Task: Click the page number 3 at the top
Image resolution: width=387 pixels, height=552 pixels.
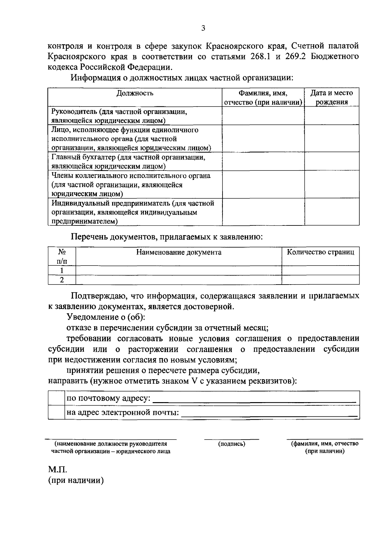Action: [203, 28]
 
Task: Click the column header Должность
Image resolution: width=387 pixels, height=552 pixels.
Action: [135, 93]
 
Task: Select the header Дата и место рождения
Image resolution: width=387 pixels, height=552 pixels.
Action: [332, 98]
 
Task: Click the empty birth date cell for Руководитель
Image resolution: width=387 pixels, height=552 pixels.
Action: [332, 116]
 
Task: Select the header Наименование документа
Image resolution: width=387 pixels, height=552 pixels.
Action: [179, 252]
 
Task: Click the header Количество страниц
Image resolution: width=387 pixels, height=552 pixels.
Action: [321, 252]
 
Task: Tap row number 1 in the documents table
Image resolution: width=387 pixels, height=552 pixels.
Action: [62, 271]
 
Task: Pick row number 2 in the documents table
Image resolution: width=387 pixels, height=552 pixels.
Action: [62, 280]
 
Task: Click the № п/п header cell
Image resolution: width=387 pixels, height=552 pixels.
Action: [62, 256]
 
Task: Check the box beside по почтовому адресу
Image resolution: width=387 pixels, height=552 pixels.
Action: [56, 398]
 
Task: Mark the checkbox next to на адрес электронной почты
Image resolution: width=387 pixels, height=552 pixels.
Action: [56, 412]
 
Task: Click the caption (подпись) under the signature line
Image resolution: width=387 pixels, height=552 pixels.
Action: [232, 444]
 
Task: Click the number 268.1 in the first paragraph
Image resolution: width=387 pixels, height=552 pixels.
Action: [261, 57]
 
